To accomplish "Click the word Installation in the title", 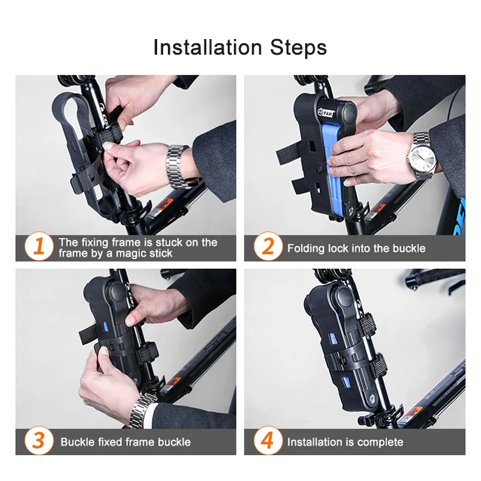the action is tap(207, 47).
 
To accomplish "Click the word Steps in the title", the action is tap(298, 48).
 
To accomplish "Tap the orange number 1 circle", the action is tap(38, 246).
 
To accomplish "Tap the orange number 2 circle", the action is tap(268, 246).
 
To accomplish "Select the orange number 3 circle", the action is tap(38, 440).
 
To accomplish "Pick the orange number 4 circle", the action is tap(268, 440).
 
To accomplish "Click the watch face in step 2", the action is tap(423, 159).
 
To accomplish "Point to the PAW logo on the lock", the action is tap(325, 112).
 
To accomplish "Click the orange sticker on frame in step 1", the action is tap(164, 204).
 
